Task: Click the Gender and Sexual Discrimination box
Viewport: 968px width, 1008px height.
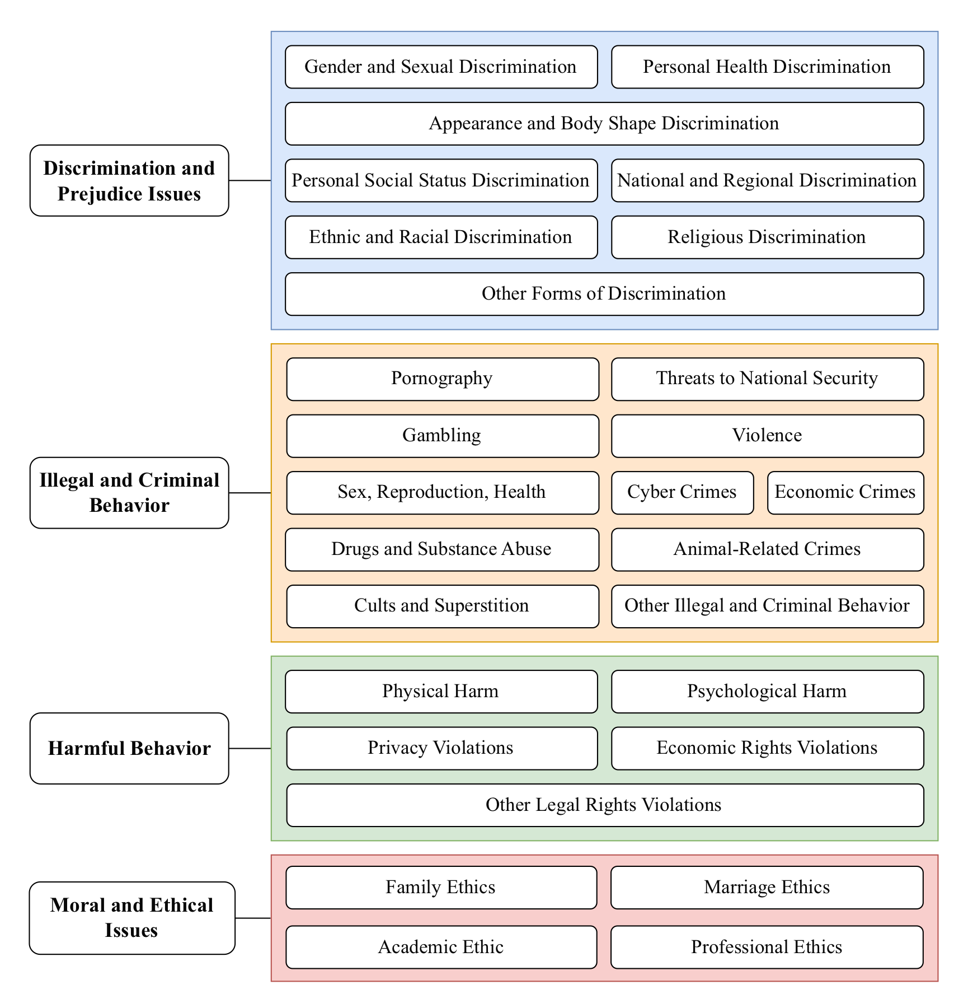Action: click(441, 67)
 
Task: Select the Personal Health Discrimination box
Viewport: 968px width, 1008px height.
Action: click(767, 67)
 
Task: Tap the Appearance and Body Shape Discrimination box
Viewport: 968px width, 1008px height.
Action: click(604, 124)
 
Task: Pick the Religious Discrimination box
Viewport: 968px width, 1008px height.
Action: click(767, 237)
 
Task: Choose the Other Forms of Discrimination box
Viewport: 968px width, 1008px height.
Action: click(604, 294)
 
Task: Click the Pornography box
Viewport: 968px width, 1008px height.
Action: click(442, 379)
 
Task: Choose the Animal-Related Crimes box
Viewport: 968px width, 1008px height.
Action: click(767, 549)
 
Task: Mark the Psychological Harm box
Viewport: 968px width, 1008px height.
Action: click(767, 692)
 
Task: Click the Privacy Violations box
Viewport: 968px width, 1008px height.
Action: click(441, 748)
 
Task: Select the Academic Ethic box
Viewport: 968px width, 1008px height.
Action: click(441, 947)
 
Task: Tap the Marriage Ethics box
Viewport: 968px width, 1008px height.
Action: click(767, 888)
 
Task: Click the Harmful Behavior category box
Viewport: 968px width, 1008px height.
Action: click(129, 748)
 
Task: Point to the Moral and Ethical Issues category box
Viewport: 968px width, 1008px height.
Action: click(132, 918)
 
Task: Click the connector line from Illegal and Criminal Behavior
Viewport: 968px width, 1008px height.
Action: click(250, 493)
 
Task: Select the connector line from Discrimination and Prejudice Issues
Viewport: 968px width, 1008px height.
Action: click(250, 180)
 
